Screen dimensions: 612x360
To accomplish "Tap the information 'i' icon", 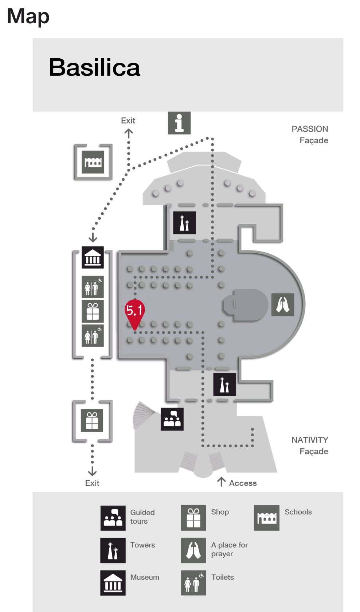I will tap(179, 123).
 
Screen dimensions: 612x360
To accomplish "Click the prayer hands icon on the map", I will tap(282, 305).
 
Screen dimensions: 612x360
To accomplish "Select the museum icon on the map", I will tap(93, 257).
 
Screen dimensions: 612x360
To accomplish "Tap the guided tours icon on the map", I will tap(172, 419).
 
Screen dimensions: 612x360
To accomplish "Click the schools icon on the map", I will tap(93, 161).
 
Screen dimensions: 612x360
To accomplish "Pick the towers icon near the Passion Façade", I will tap(184, 222).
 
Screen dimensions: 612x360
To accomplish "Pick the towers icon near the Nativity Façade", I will tap(224, 384).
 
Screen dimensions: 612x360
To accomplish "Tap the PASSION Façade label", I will tap(310, 135).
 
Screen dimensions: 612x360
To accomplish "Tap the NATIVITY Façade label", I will tap(310, 445).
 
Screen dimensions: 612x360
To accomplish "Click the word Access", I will tap(243, 483).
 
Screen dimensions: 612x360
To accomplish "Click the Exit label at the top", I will tap(128, 121).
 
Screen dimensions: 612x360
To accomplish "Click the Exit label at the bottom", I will tap(92, 483).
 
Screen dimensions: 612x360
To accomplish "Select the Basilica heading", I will tap(94, 67).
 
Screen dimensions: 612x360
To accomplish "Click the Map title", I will tap(28, 16).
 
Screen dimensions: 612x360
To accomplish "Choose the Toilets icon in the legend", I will tap(193, 583).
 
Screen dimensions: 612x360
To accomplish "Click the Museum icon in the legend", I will tap(113, 583).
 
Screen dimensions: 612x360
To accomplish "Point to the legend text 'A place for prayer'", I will tap(229, 549).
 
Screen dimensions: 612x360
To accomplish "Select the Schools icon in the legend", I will tap(266, 518).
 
